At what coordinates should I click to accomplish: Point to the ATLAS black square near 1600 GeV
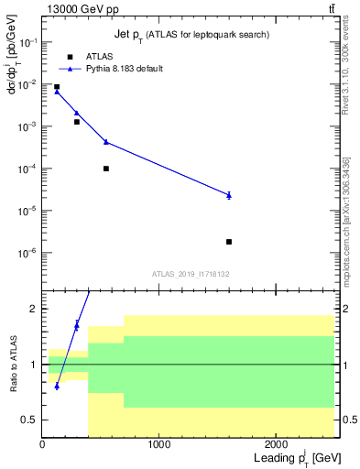tap(229, 242)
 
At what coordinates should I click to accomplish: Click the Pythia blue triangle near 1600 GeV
tap(229, 194)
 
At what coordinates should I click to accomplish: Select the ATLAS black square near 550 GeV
tap(106, 169)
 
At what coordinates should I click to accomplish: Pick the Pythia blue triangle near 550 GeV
tap(106, 142)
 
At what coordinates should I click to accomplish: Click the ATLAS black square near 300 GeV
tap(77, 122)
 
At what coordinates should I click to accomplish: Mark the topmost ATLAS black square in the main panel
tap(57, 87)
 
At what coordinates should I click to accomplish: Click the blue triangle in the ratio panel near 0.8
tap(57, 386)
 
